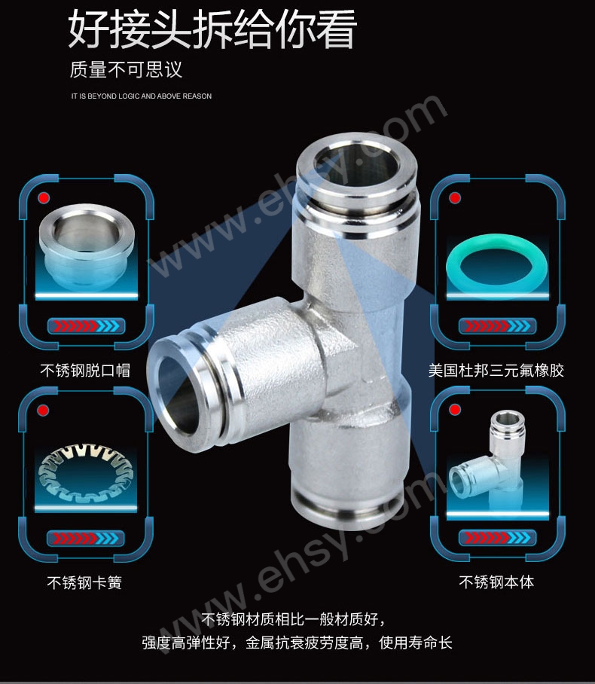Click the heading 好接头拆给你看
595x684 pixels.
coord(212,29)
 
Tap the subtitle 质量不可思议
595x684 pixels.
coord(126,69)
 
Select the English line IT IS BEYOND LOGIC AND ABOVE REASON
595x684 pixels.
coord(142,96)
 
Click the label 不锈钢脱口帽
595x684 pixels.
coord(85,370)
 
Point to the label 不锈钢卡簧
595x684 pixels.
coord(84,582)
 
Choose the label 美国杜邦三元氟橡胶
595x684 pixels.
coord(496,370)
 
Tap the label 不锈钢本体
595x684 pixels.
coord(496,582)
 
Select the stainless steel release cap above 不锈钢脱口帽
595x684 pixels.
coord(86,246)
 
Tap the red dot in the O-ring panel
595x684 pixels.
coord(455,198)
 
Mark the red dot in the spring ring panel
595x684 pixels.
coord(43,411)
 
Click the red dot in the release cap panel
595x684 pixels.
coord(44,198)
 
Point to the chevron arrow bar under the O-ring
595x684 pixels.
coord(497,326)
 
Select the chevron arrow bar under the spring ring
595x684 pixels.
coord(86,539)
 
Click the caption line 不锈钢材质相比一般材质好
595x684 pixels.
coord(293,619)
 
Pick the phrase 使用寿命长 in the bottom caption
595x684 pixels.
coord(416,643)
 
